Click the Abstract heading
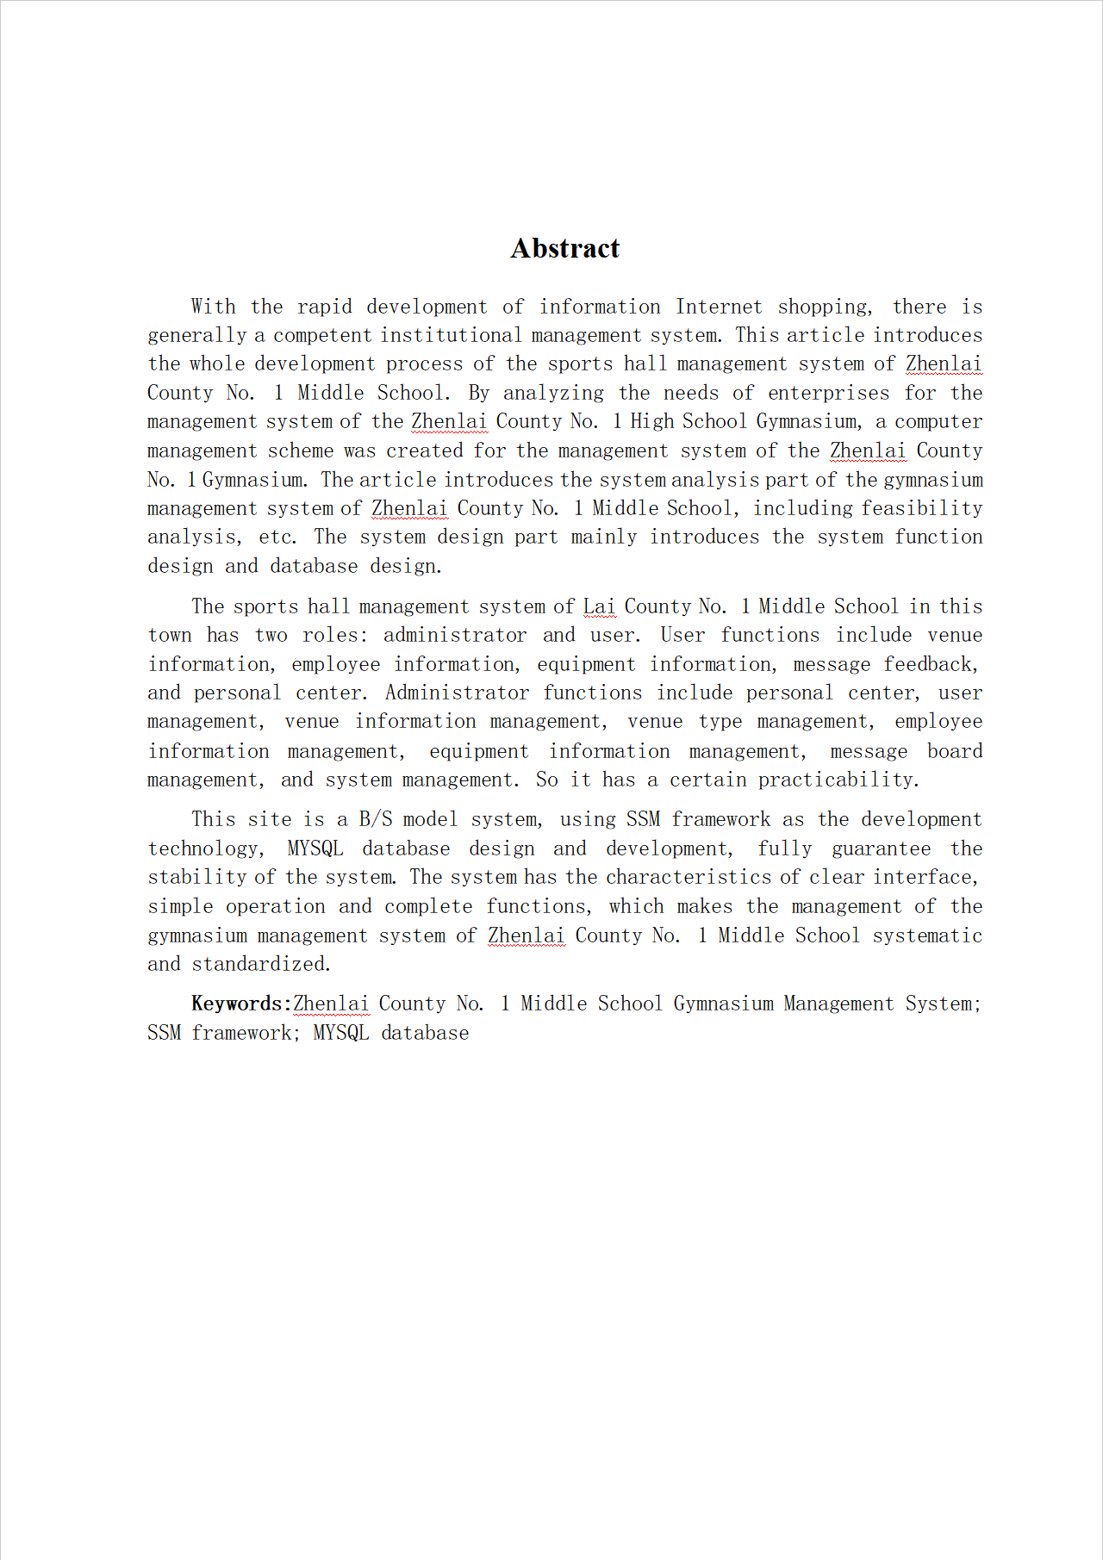point(564,248)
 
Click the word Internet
point(719,307)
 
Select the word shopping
point(823,308)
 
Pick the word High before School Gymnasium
point(651,421)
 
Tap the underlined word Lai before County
point(599,606)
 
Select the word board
point(955,751)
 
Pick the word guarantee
point(881,848)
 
